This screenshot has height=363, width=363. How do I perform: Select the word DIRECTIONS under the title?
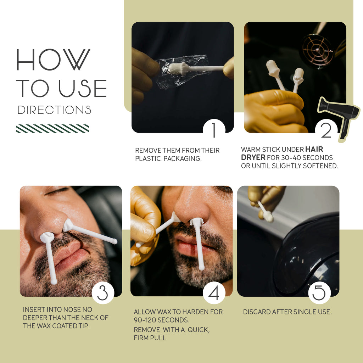(x=54, y=110)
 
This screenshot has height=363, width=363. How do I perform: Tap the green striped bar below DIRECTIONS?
(x=52, y=128)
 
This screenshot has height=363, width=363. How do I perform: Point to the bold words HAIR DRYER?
(x=282, y=153)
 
